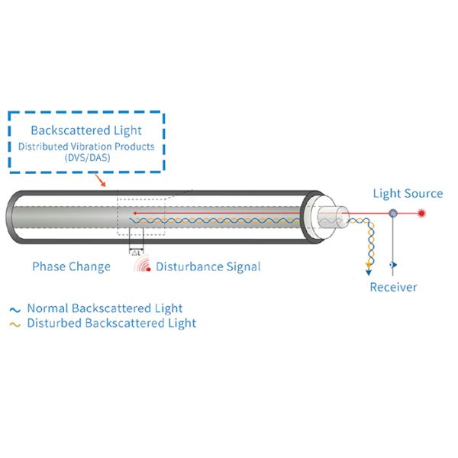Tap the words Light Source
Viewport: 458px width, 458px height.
(407, 193)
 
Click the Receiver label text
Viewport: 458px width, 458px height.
(393, 287)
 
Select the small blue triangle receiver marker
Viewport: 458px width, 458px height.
(394, 266)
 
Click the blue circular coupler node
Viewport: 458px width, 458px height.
(393, 213)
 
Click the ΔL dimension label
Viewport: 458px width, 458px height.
(137, 252)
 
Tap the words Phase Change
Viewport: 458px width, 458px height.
(71, 266)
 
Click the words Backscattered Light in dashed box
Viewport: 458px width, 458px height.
(86, 131)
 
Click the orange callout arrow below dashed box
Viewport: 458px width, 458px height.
(100, 180)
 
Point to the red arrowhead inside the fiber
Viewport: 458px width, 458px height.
(135, 213)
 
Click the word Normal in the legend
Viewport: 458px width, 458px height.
(48, 308)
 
